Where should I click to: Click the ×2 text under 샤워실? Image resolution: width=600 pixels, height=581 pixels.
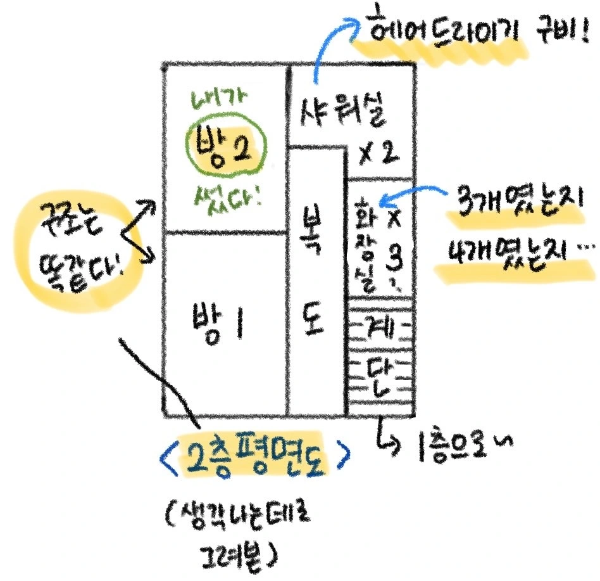[377, 154]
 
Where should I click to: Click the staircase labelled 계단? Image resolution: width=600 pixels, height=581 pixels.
[380, 358]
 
